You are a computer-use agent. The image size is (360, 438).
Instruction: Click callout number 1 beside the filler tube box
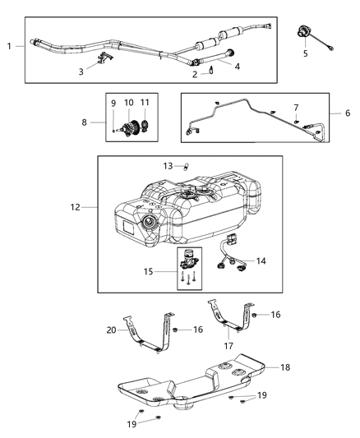tap(9, 47)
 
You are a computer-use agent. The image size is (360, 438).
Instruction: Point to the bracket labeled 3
tap(104, 58)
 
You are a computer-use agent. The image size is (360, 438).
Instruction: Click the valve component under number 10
tap(128, 128)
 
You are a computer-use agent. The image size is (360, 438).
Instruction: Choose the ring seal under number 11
tap(145, 127)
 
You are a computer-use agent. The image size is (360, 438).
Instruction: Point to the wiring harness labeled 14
tap(230, 255)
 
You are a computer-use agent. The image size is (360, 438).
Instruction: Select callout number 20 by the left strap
tap(110, 330)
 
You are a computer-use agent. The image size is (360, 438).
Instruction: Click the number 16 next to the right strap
tap(275, 315)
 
